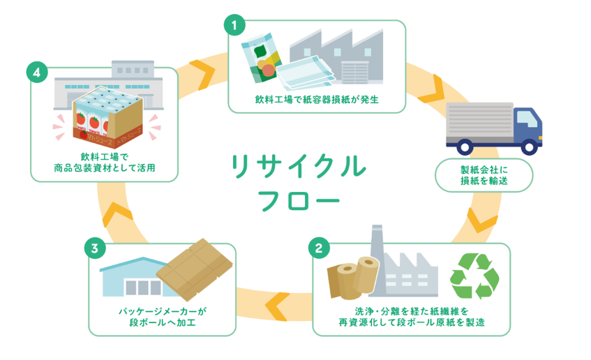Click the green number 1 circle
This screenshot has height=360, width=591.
pyautogui.click(x=234, y=25)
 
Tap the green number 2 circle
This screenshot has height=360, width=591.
pyautogui.click(x=319, y=248)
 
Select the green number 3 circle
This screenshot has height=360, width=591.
pyautogui.click(x=95, y=248)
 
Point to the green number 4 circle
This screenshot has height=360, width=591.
pyautogui.click(x=37, y=72)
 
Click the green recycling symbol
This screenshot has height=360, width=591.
pyautogui.click(x=474, y=276)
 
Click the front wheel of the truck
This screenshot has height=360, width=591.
pyautogui.click(x=529, y=147)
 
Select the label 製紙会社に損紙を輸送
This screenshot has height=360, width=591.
pyautogui.click(x=484, y=175)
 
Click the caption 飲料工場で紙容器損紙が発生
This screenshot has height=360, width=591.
pyautogui.click(x=317, y=100)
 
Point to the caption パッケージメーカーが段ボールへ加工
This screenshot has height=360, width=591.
pyautogui.click(x=163, y=317)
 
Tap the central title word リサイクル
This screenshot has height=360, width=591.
pyautogui.click(x=299, y=166)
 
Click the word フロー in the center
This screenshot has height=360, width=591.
pyautogui.click(x=299, y=200)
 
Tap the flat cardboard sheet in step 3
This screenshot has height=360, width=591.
pyautogui.click(x=195, y=269)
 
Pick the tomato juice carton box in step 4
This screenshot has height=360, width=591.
pyautogui.click(x=107, y=117)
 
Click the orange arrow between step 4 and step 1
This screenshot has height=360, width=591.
pyautogui.click(x=202, y=74)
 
